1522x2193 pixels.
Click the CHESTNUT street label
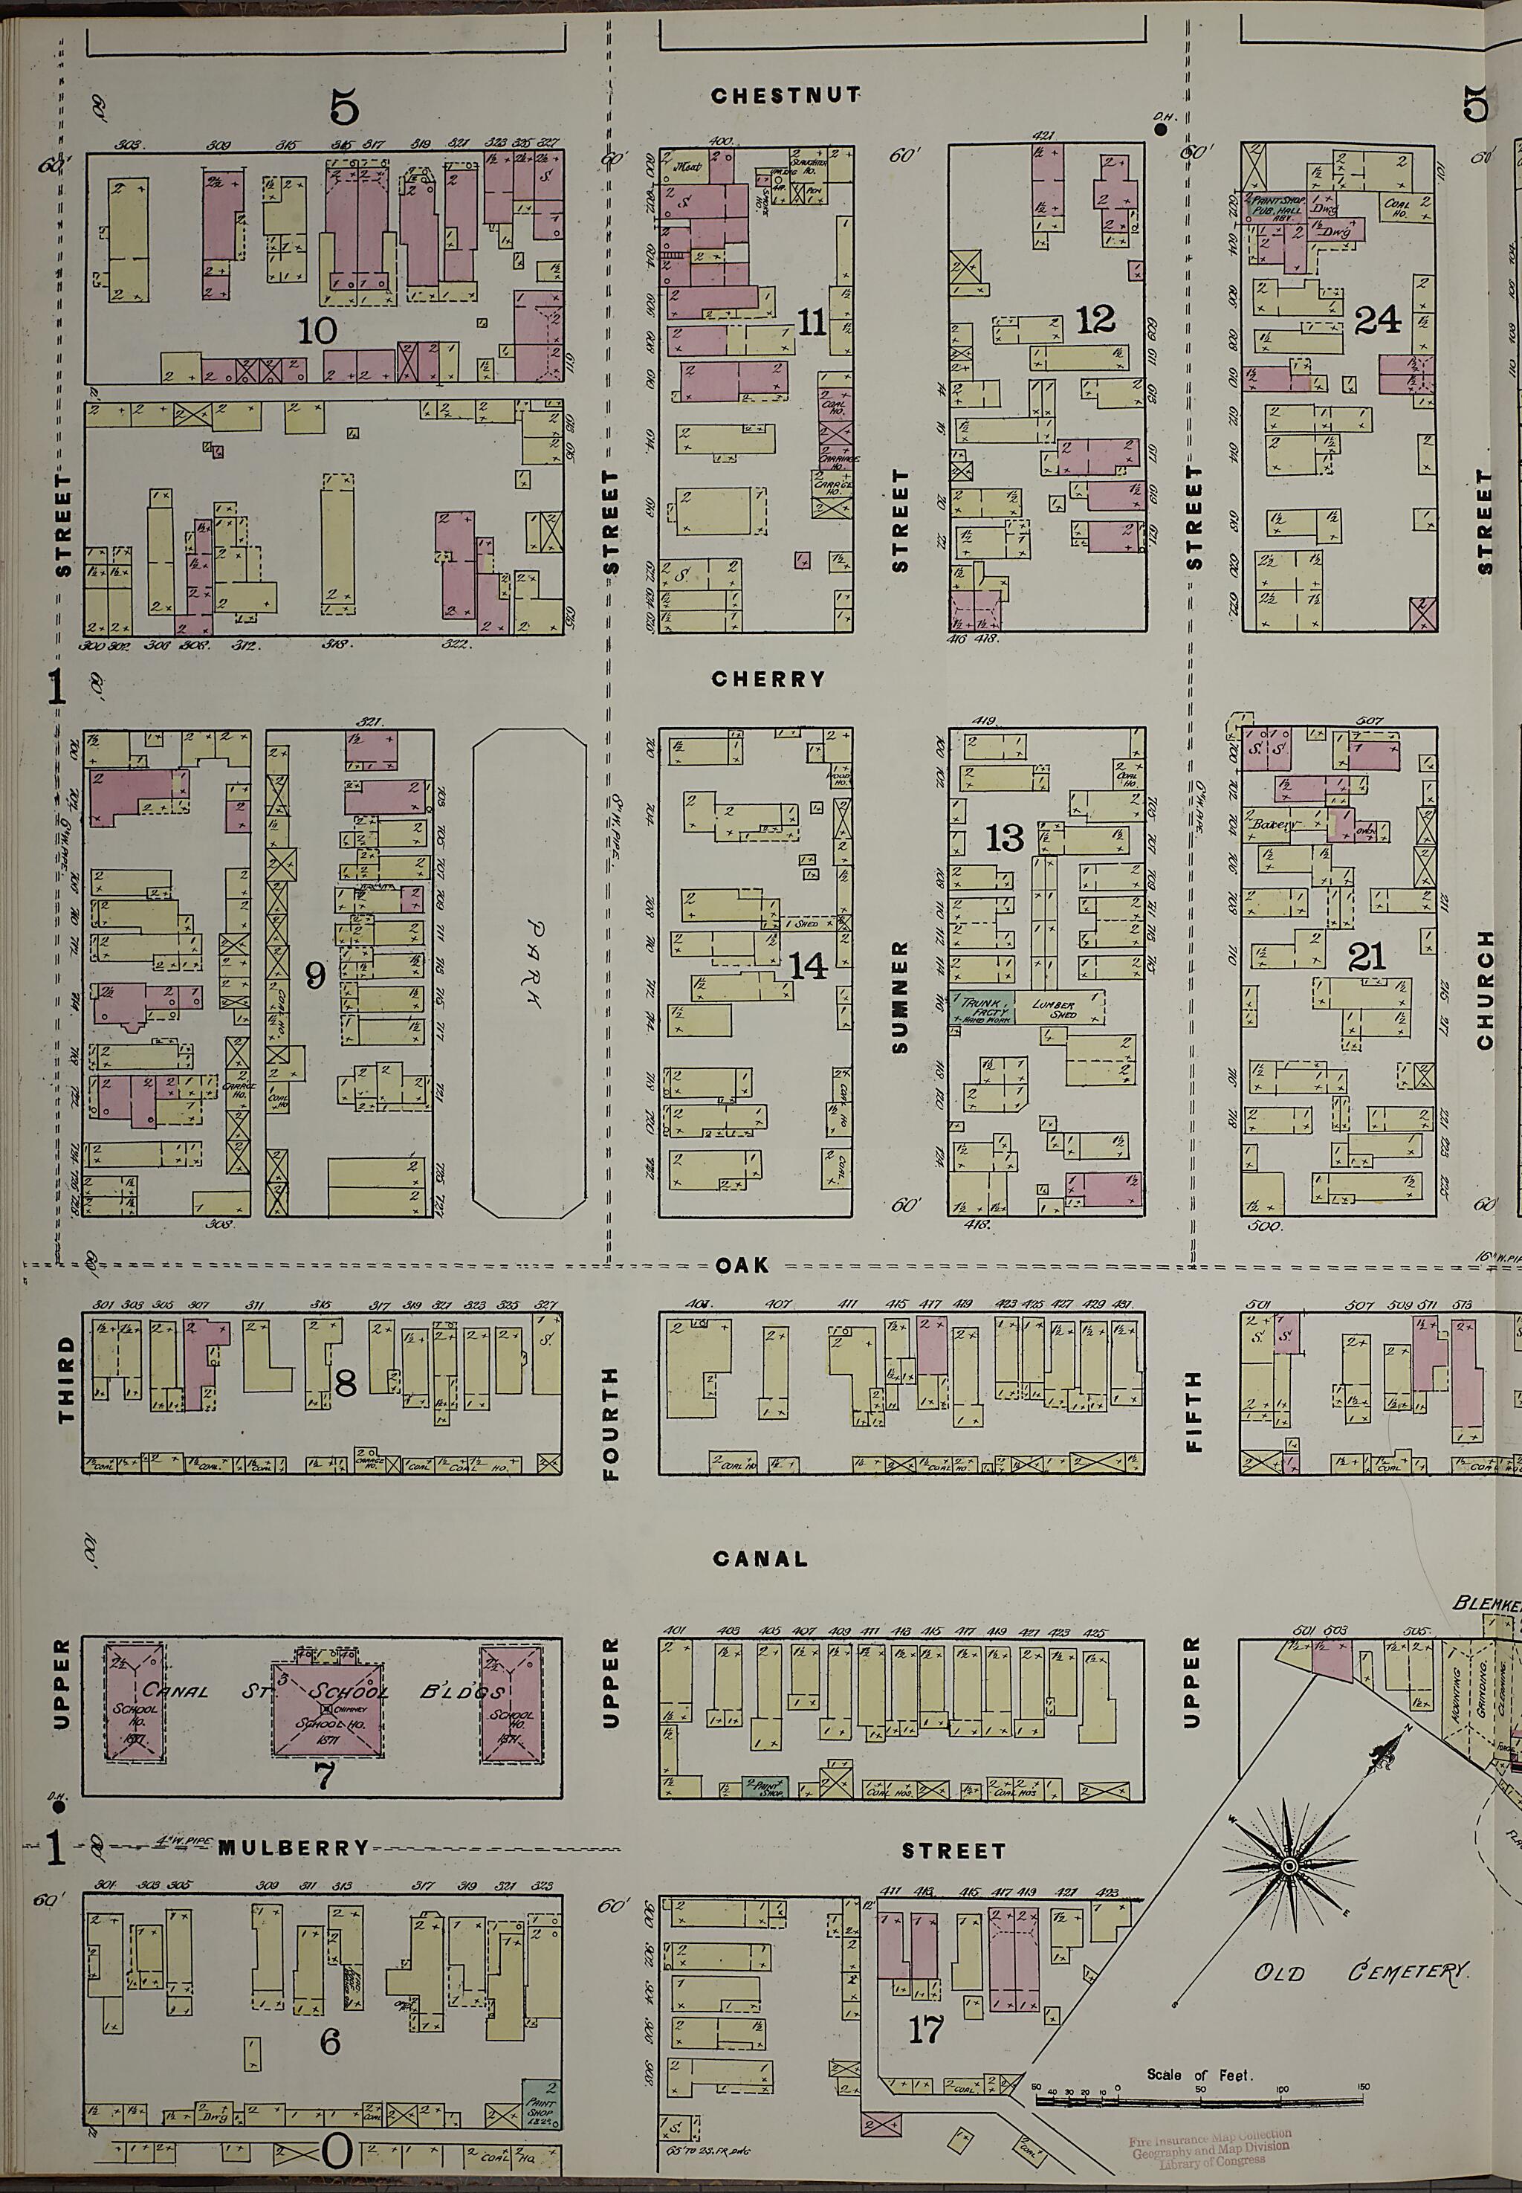pyautogui.click(x=786, y=95)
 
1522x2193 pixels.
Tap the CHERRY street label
pyautogui.click(x=768, y=679)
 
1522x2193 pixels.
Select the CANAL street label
pyautogui.click(x=760, y=1559)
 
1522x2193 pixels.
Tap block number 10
pyautogui.click(x=317, y=331)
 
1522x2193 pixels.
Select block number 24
pyautogui.click(x=1377, y=320)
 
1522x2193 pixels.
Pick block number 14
pyautogui.click(x=809, y=966)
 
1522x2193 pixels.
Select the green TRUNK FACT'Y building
pyautogui.click(x=979, y=1008)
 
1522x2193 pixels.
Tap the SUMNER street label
pyautogui.click(x=900, y=997)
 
